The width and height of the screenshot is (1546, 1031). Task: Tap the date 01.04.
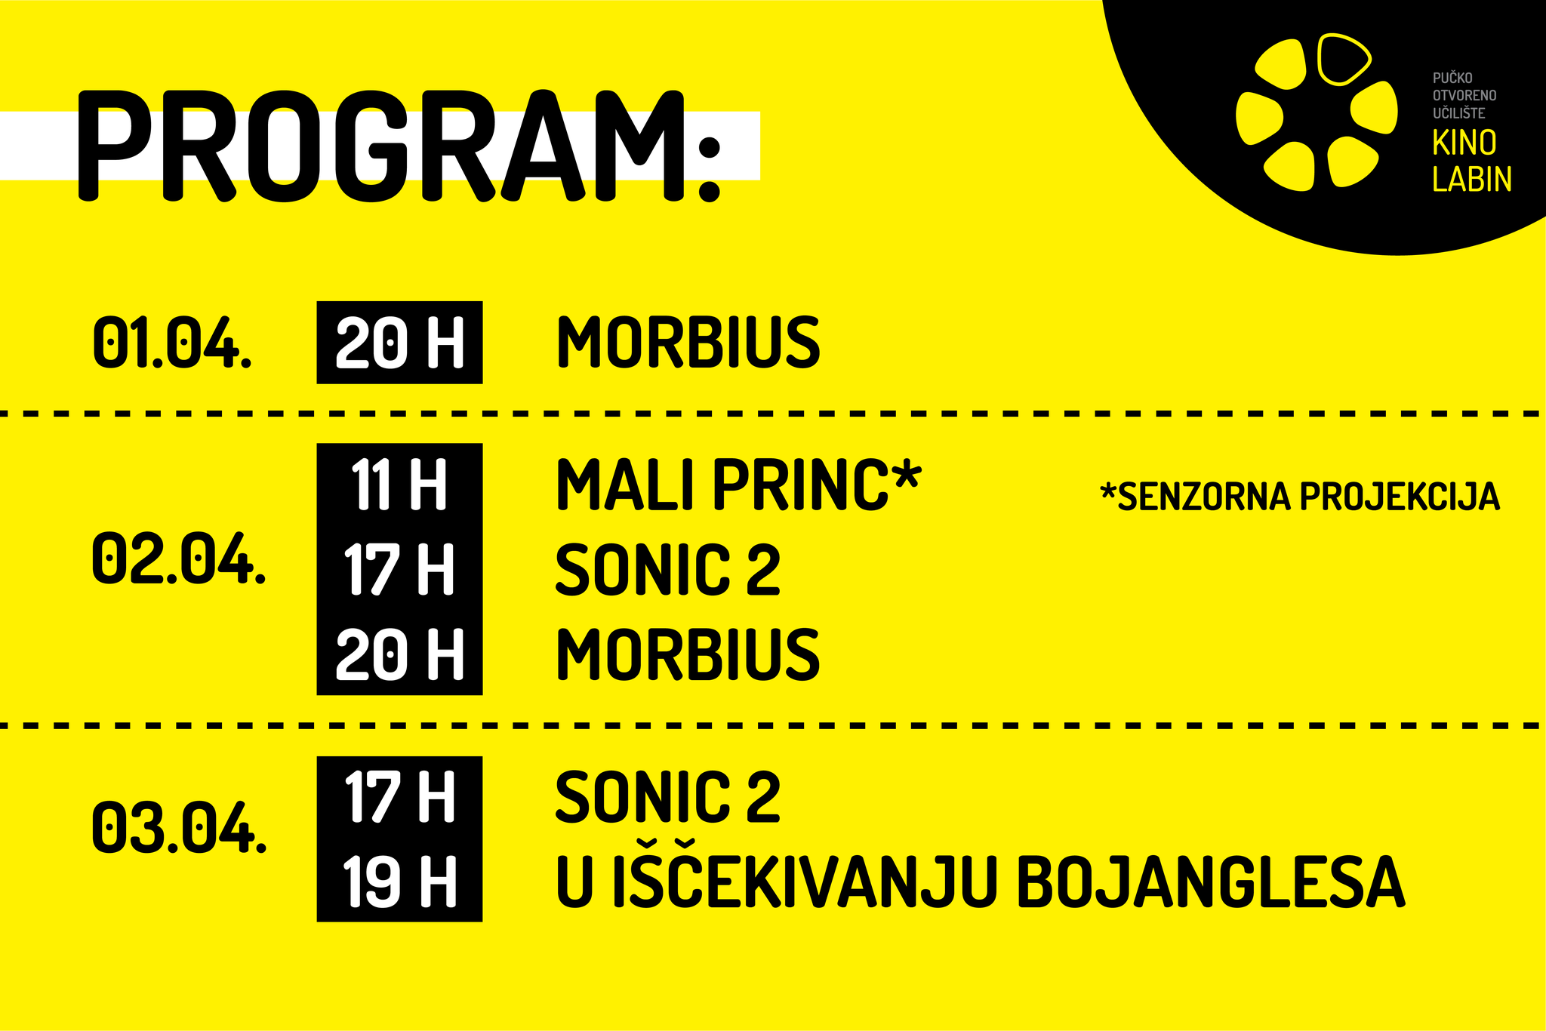pyautogui.click(x=172, y=343)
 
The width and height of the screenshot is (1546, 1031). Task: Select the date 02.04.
pyautogui.click(x=179, y=559)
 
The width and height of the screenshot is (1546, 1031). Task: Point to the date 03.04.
pyautogui.click(x=179, y=827)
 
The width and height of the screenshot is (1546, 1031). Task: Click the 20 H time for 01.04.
pyautogui.click(x=399, y=343)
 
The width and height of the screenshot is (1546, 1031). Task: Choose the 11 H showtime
pyautogui.click(x=399, y=485)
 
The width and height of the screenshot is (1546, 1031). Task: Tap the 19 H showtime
pyautogui.click(x=399, y=881)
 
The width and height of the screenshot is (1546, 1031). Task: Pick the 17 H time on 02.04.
pyautogui.click(x=399, y=569)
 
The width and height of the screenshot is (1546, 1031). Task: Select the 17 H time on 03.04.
pyautogui.click(x=399, y=796)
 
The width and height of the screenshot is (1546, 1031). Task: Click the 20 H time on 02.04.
pyautogui.click(x=399, y=654)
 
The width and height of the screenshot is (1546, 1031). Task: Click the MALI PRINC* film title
pyautogui.click(x=738, y=485)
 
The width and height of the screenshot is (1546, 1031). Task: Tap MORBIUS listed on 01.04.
pyautogui.click(x=688, y=343)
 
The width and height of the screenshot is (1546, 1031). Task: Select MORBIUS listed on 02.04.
pyautogui.click(x=688, y=654)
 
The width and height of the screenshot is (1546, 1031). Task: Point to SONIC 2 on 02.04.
pyautogui.click(x=668, y=569)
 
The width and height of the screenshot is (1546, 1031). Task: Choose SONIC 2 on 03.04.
pyautogui.click(x=668, y=796)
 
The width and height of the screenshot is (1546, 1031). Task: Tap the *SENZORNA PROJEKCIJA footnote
pyautogui.click(x=1300, y=497)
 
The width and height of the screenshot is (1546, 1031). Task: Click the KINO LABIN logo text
pyautogui.click(x=1472, y=162)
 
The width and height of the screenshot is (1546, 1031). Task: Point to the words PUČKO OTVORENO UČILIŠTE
pyautogui.click(x=1464, y=96)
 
